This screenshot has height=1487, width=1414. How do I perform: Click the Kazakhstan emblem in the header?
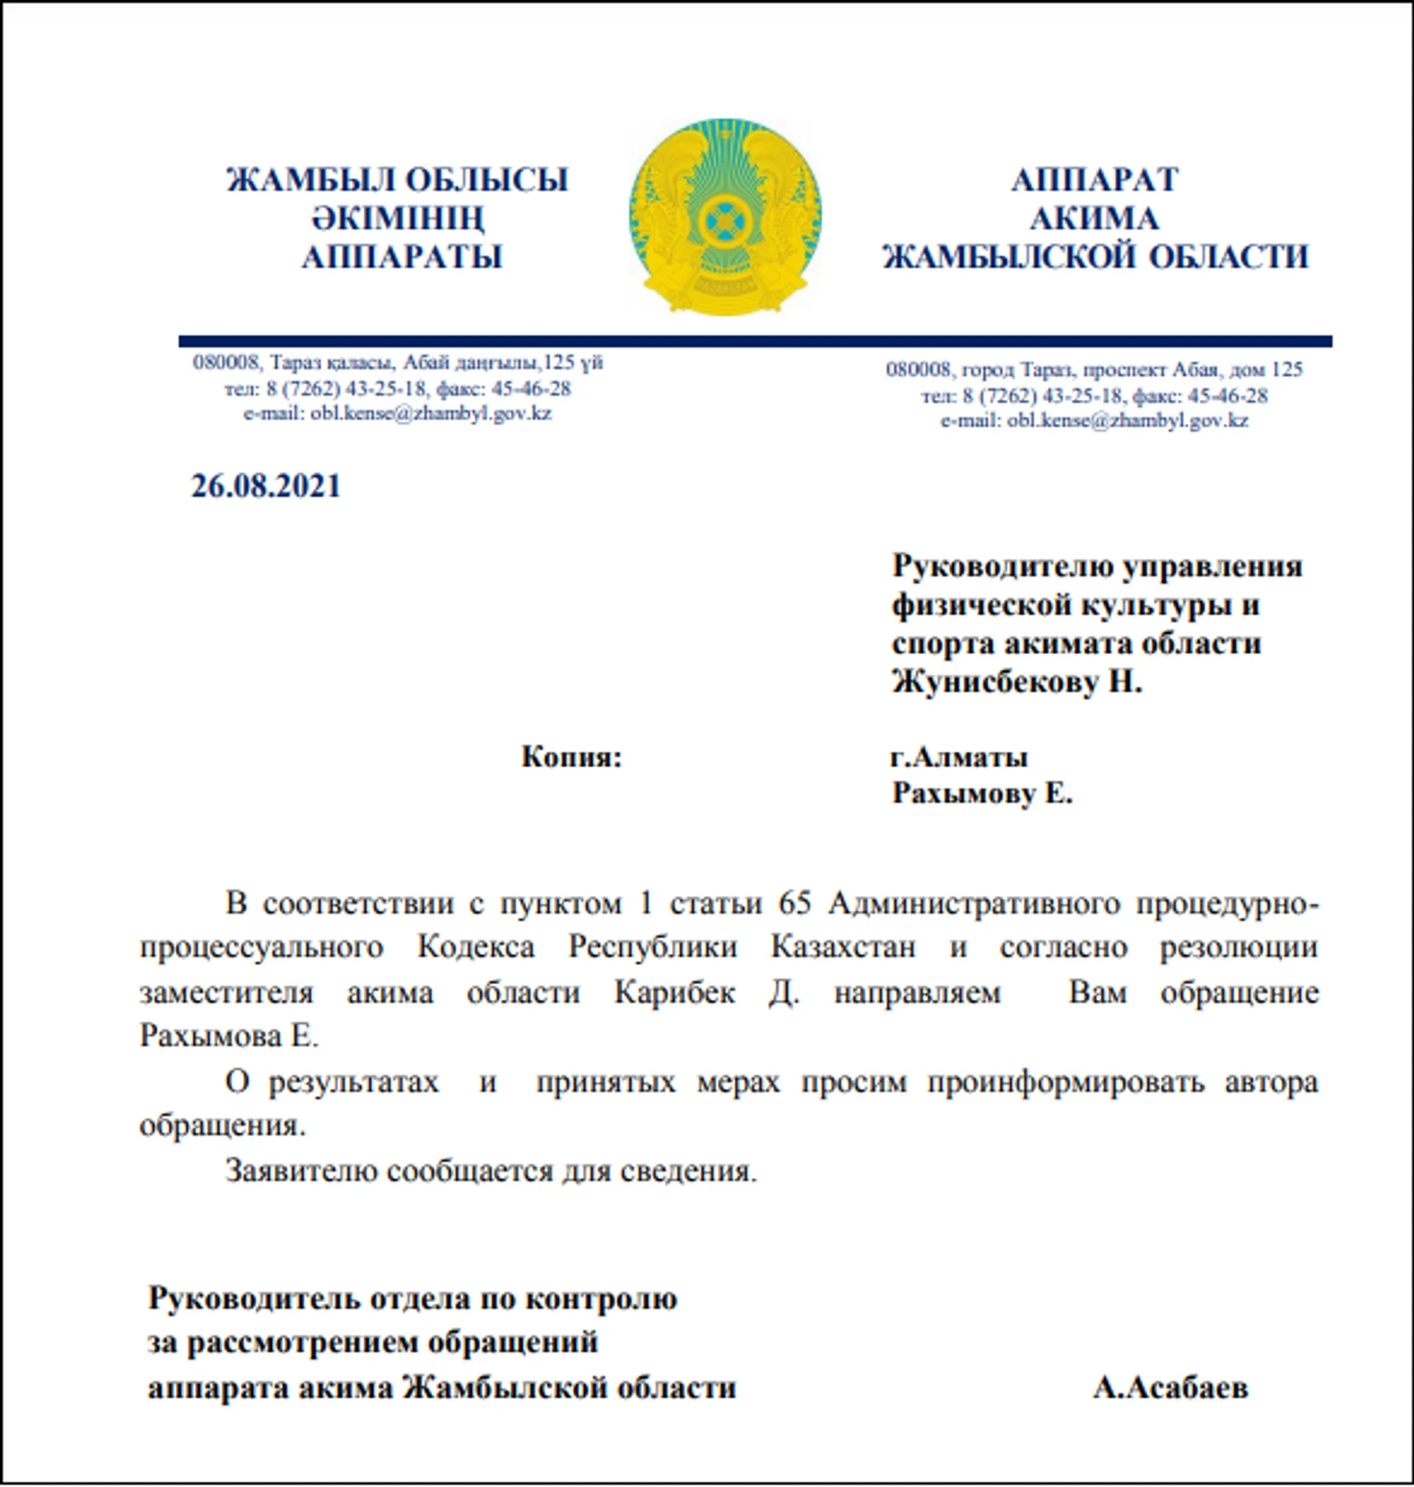[x=724, y=217]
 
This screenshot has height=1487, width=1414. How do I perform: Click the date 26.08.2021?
[x=265, y=485]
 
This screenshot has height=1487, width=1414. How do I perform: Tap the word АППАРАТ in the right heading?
[x=1094, y=180]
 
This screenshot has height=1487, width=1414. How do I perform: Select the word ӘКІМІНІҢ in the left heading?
[x=397, y=219]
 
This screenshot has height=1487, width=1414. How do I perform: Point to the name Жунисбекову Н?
[x=1017, y=682]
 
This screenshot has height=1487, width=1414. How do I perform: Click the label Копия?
[x=571, y=757]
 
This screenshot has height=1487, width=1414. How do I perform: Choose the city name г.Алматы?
[x=959, y=757]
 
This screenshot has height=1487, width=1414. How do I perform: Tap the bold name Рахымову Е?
[x=982, y=794]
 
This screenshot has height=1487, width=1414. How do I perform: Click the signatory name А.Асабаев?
[x=1170, y=1387]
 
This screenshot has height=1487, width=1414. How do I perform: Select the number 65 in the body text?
[x=794, y=903]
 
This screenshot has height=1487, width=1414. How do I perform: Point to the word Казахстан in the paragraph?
[x=843, y=946]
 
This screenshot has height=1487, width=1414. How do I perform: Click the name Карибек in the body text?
[x=675, y=992]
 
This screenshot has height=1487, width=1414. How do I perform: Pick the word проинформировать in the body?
[x=1065, y=1081]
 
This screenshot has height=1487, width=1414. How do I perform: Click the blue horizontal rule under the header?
[x=755, y=341]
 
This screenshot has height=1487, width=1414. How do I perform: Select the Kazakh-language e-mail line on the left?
[x=397, y=414]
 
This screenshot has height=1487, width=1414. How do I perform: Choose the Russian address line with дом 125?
[x=1094, y=369]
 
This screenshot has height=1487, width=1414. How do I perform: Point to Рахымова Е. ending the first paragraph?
[x=229, y=1036]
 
